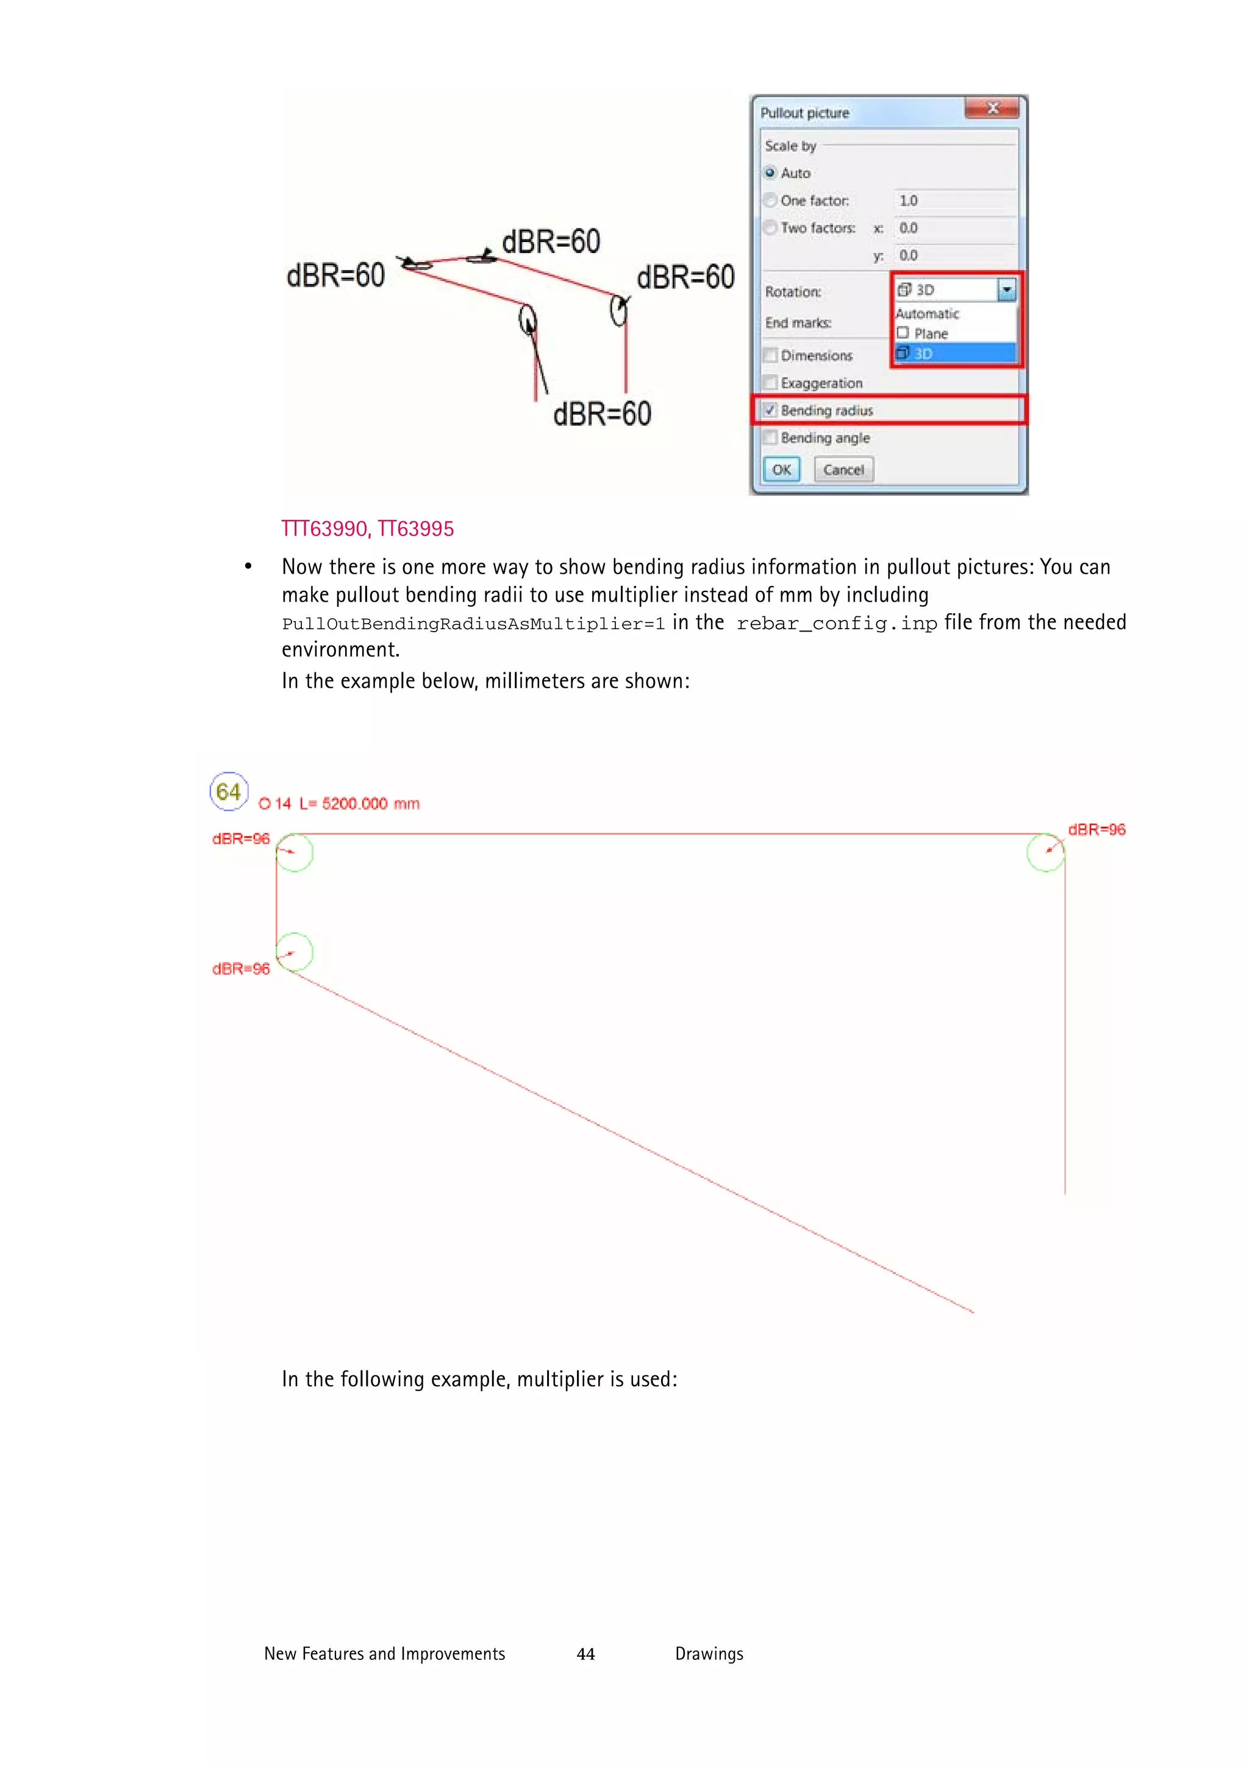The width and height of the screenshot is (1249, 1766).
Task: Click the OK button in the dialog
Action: pos(781,470)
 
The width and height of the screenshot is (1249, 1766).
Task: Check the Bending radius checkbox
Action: pos(770,410)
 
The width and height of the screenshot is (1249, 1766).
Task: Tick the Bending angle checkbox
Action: pos(770,438)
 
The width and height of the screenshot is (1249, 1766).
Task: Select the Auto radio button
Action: pos(770,173)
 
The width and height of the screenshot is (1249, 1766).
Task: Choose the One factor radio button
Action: pos(770,201)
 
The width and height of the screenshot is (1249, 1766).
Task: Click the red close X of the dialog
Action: pos(992,109)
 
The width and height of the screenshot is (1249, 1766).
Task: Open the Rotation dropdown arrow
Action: pos(1006,290)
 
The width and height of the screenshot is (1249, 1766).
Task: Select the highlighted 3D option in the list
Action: pos(954,354)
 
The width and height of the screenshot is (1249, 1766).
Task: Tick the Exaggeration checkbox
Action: pos(770,383)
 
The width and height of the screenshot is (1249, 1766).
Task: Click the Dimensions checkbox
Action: pos(770,355)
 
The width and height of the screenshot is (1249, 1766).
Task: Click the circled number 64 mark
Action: pos(229,791)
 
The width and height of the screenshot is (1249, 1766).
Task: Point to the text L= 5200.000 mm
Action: pos(359,804)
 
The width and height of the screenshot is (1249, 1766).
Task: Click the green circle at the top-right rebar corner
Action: pos(1045,852)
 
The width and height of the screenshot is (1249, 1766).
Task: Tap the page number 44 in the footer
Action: pos(585,1654)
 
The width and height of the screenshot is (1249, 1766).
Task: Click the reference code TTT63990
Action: pos(324,529)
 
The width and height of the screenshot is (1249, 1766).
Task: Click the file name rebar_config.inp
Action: pos(837,624)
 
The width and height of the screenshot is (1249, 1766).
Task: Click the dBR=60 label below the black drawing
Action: pos(602,415)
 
